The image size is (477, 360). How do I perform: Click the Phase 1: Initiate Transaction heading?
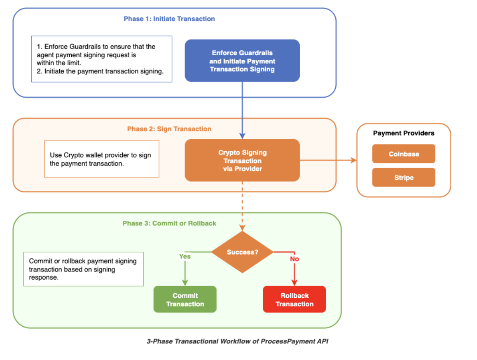[x=169, y=19]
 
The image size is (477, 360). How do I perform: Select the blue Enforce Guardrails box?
[x=242, y=61]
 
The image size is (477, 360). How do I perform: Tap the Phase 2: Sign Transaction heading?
[x=169, y=129]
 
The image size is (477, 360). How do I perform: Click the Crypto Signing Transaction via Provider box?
[x=242, y=160]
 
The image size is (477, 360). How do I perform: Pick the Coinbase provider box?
[x=404, y=154]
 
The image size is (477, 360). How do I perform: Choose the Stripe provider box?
[x=404, y=178]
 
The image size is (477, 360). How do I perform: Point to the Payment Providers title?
[x=404, y=133]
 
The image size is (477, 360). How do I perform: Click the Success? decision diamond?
[x=242, y=252]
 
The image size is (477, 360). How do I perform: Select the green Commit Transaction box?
[x=185, y=299]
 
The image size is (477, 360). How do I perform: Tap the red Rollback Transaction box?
[x=295, y=299]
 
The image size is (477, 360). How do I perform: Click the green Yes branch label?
[x=185, y=257]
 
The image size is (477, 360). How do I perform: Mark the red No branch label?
[x=295, y=259]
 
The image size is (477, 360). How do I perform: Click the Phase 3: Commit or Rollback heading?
[x=169, y=223]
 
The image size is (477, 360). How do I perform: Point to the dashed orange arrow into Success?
[x=242, y=206]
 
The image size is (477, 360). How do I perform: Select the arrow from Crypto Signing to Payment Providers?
[x=328, y=160]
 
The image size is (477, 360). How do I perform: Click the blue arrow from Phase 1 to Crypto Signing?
[x=242, y=110]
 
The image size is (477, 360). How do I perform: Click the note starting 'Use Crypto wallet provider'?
[x=102, y=159]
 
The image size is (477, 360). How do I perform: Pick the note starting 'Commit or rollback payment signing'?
[x=83, y=269]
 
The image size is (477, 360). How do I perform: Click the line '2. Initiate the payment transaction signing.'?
[x=100, y=71]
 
